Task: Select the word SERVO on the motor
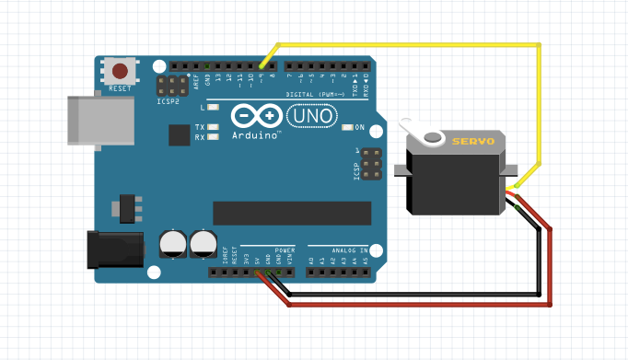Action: tap(473, 141)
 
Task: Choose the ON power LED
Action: tap(349, 127)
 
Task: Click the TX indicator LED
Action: tap(213, 127)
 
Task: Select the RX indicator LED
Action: tap(213, 137)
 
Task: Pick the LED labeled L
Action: tap(213, 109)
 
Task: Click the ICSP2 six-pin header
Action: tap(172, 87)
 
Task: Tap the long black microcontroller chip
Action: tap(292, 213)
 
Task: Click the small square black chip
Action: tap(180, 135)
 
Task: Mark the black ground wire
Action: tap(414, 296)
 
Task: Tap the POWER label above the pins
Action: tap(285, 250)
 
